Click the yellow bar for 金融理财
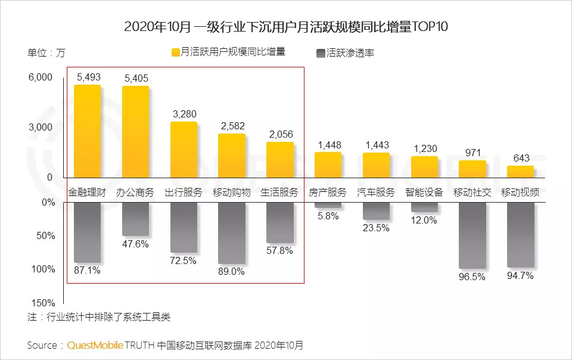click(x=87, y=131)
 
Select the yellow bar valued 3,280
click(x=184, y=150)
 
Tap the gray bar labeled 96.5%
click(x=472, y=235)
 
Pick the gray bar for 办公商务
click(x=135, y=219)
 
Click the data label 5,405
click(x=136, y=78)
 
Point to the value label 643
click(x=521, y=158)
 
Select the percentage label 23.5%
click(x=376, y=228)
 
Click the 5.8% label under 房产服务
click(x=328, y=216)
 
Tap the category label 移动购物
click(x=232, y=193)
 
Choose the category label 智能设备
click(x=424, y=193)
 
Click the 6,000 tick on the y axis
click(x=40, y=78)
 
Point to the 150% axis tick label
click(x=43, y=303)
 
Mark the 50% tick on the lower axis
click(x=45, y=236)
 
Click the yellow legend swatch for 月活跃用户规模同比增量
click(x=175, y=52)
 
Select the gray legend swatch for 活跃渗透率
click(x=321, y=53)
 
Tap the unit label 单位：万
click(x=46, y=52)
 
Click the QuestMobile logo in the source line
click(x=95, y=345)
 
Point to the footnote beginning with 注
click(x=99, y=316)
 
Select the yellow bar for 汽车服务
click(x=376, y=165)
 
